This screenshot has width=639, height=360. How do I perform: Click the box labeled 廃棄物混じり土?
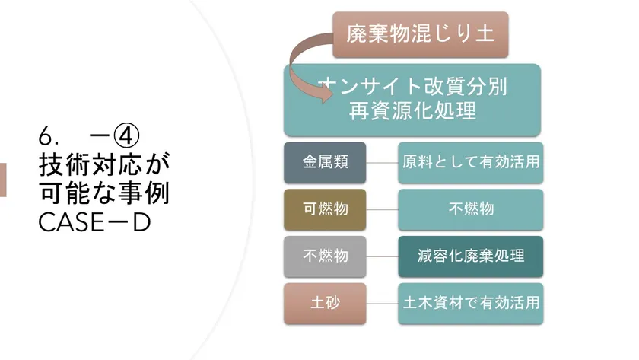pyautogui.click(x=420, y=35)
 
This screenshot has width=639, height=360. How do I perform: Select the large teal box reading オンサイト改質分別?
pyautogui.click(x=412, y=100)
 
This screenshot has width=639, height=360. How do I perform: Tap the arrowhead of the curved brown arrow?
pyautogui.click(x=326, y=94)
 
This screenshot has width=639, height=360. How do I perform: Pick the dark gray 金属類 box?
pyautogui.click(x=325, y=162)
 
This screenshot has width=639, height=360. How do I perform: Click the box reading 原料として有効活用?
pyautogui.click(x=470, y=162)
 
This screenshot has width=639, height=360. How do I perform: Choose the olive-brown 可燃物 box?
pyautogui.click(x=325, y=209)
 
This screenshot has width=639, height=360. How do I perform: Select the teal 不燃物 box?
pyautogui.click(x=470, y=209)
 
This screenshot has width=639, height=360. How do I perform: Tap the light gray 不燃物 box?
pyautogui.click(x=325, y=256)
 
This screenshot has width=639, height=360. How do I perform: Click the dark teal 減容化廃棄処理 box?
pyautogui.click(x=470, y=256)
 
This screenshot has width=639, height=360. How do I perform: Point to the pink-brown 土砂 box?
pyautogui.click(x=325, y=304)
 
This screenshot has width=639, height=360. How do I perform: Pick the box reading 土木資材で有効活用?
pyautogui.click(x=470, y=304)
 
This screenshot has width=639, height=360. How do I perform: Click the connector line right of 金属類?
pyautogui.click(x=382, y=163)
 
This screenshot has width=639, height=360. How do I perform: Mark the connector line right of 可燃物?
pyautogui.click(x=382, y=209)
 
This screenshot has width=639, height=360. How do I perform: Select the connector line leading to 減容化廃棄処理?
pyautogui.click(x=382, y=256)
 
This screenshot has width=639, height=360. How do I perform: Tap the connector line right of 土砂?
pyautogui.click(x=382, y=304)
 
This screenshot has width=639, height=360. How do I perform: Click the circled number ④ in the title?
pyautogui.click(x=126, y=135)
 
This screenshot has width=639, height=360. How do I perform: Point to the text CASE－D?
pyautogui.click(x=94, y=222)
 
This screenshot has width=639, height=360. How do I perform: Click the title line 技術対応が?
pyautogui.click(x=104, y=164)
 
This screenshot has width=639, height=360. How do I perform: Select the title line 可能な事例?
pyautogui.click(x=104, y=193)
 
